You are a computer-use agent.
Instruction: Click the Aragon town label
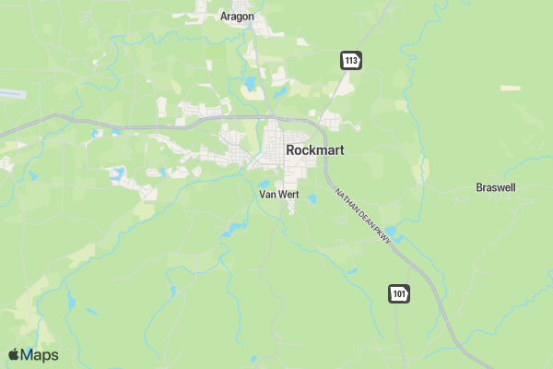[237, 16]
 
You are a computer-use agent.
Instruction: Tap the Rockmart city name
[315, 149]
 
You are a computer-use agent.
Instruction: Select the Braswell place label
[496, 187]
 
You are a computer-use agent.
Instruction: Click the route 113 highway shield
[350, 61]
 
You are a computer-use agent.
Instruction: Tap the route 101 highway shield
[398, 293]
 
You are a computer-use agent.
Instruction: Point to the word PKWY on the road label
[384, 236]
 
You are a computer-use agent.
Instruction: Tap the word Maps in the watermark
[40, 355]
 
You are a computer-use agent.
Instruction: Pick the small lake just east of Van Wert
[312, 198]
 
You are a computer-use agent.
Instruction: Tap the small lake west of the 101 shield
[350, 271]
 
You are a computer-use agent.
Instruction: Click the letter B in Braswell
[479, 187]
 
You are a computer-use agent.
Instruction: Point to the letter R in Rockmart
[291, 149]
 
